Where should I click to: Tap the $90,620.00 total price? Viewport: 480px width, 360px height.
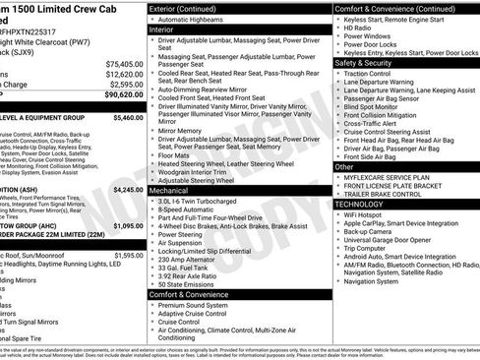(123, 95)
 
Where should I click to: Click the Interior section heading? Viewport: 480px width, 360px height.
(162, 30)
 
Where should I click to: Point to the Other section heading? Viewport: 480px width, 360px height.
(344, 167)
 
